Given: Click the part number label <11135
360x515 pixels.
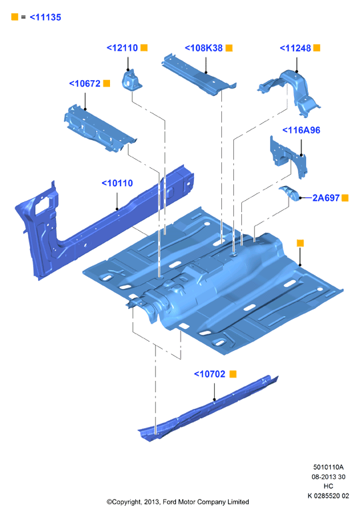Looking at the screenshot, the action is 45,17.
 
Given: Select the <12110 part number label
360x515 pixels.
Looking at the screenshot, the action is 122,48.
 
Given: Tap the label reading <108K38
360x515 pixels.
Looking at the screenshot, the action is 204,48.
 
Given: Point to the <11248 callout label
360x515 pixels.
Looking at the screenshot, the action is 295,48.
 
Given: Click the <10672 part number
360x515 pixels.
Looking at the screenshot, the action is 85,83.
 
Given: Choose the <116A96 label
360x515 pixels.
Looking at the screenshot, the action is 301,130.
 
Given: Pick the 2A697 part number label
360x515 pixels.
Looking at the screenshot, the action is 326,197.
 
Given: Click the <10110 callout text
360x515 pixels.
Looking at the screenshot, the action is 117,183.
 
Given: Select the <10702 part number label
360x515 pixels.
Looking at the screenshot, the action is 210,374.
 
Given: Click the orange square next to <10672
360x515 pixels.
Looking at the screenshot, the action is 107,83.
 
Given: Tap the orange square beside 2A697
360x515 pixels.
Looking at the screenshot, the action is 345,197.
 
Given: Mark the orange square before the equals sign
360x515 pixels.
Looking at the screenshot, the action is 15,17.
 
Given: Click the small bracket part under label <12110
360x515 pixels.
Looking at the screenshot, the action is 131,80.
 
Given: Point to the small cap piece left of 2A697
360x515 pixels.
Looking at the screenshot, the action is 289,193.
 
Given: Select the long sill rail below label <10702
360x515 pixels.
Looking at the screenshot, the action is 208,409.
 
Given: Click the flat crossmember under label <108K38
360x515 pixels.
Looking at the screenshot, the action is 199,75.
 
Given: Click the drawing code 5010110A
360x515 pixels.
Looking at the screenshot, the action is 328,467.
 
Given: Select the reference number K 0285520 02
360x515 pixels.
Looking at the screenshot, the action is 328,496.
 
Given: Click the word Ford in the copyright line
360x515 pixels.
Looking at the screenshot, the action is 169,502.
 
